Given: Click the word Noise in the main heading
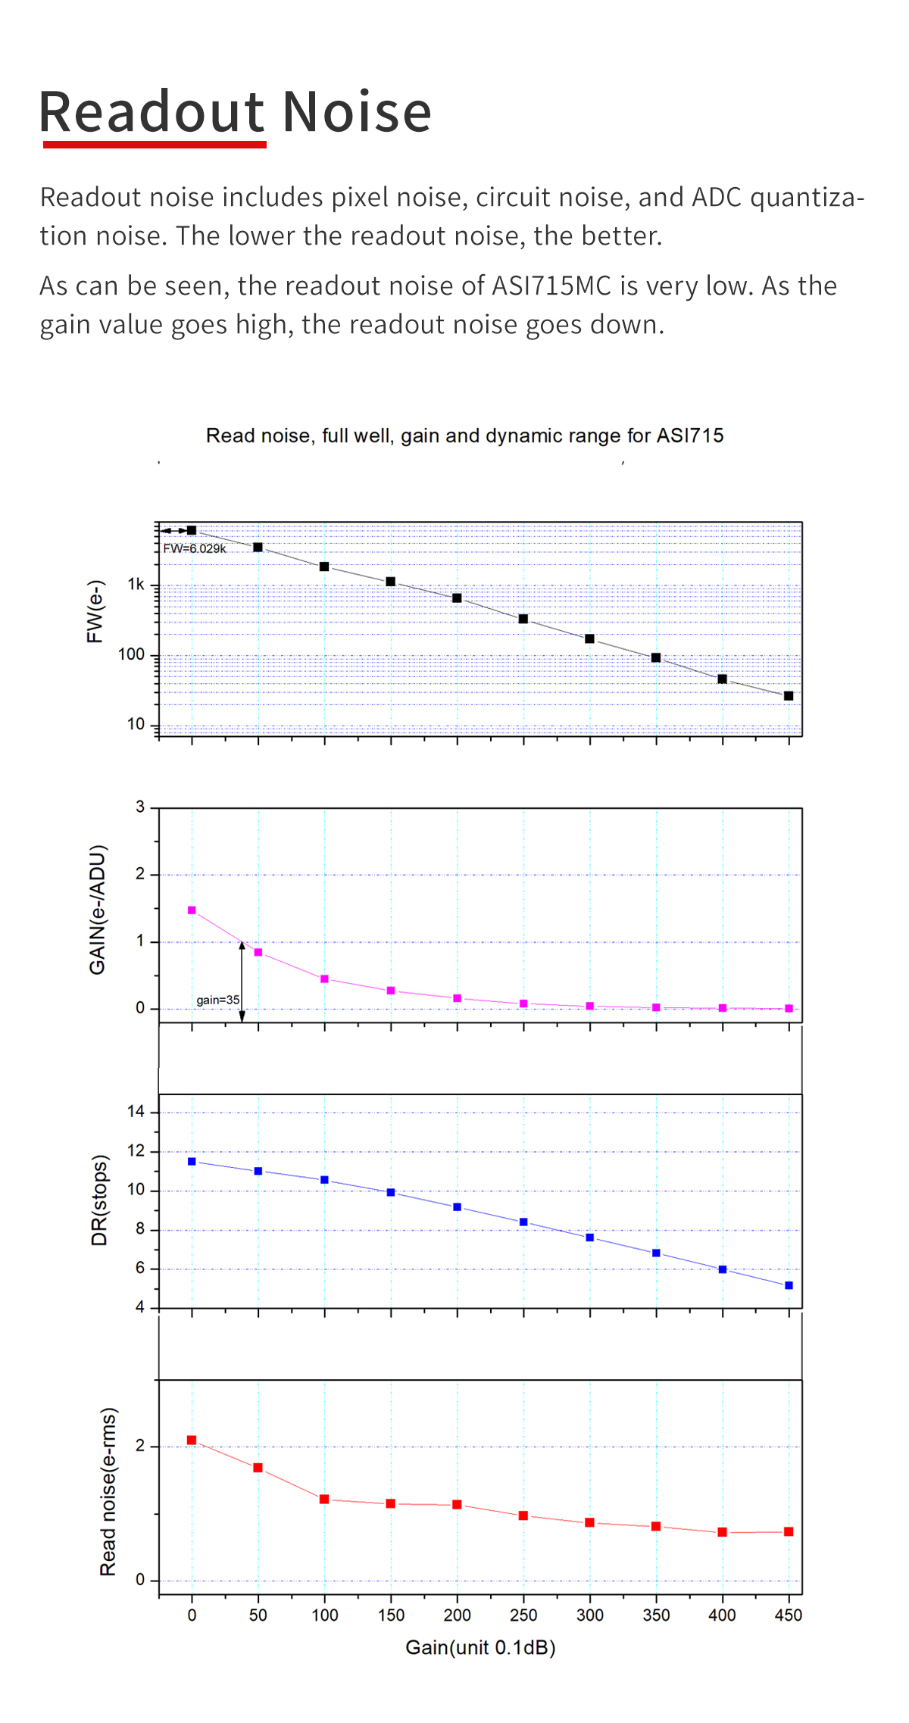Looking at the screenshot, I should click(x=357, y=112).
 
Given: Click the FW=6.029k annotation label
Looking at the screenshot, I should click(x=195, y=548).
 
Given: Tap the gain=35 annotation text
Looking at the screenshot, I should click(x=217, y=1000).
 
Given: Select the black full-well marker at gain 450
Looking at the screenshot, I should click(x=789, y=696).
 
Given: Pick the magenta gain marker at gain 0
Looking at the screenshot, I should click(x=192, y=910).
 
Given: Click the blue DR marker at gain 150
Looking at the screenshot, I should click(x=391, y=1192).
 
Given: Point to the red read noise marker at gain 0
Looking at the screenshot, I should click(x=192, y=1441).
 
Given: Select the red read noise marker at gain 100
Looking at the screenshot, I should click(x=324, y=1500).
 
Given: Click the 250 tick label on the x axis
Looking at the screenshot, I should click(x=523, y=1615).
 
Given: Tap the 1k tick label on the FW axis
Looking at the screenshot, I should click(x=136, y=585).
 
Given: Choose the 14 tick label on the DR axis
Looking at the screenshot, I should click(x=136, y=1112).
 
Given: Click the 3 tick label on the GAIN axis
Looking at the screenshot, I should click(x=140, y=807).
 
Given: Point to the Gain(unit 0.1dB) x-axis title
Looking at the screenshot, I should click(x=480, y=1647).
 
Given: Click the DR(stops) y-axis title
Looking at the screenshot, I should click(x=100, y=1200).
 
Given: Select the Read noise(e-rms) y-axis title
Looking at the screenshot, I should click(x=108, y=1492).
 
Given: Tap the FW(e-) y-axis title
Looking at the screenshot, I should click(x=95, y=612).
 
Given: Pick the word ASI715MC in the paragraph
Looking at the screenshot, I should click(x=551, y=286).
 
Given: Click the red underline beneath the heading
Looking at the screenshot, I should click(x=155, y=144).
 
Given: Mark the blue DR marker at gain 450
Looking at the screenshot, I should click(x=789, y=1285).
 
